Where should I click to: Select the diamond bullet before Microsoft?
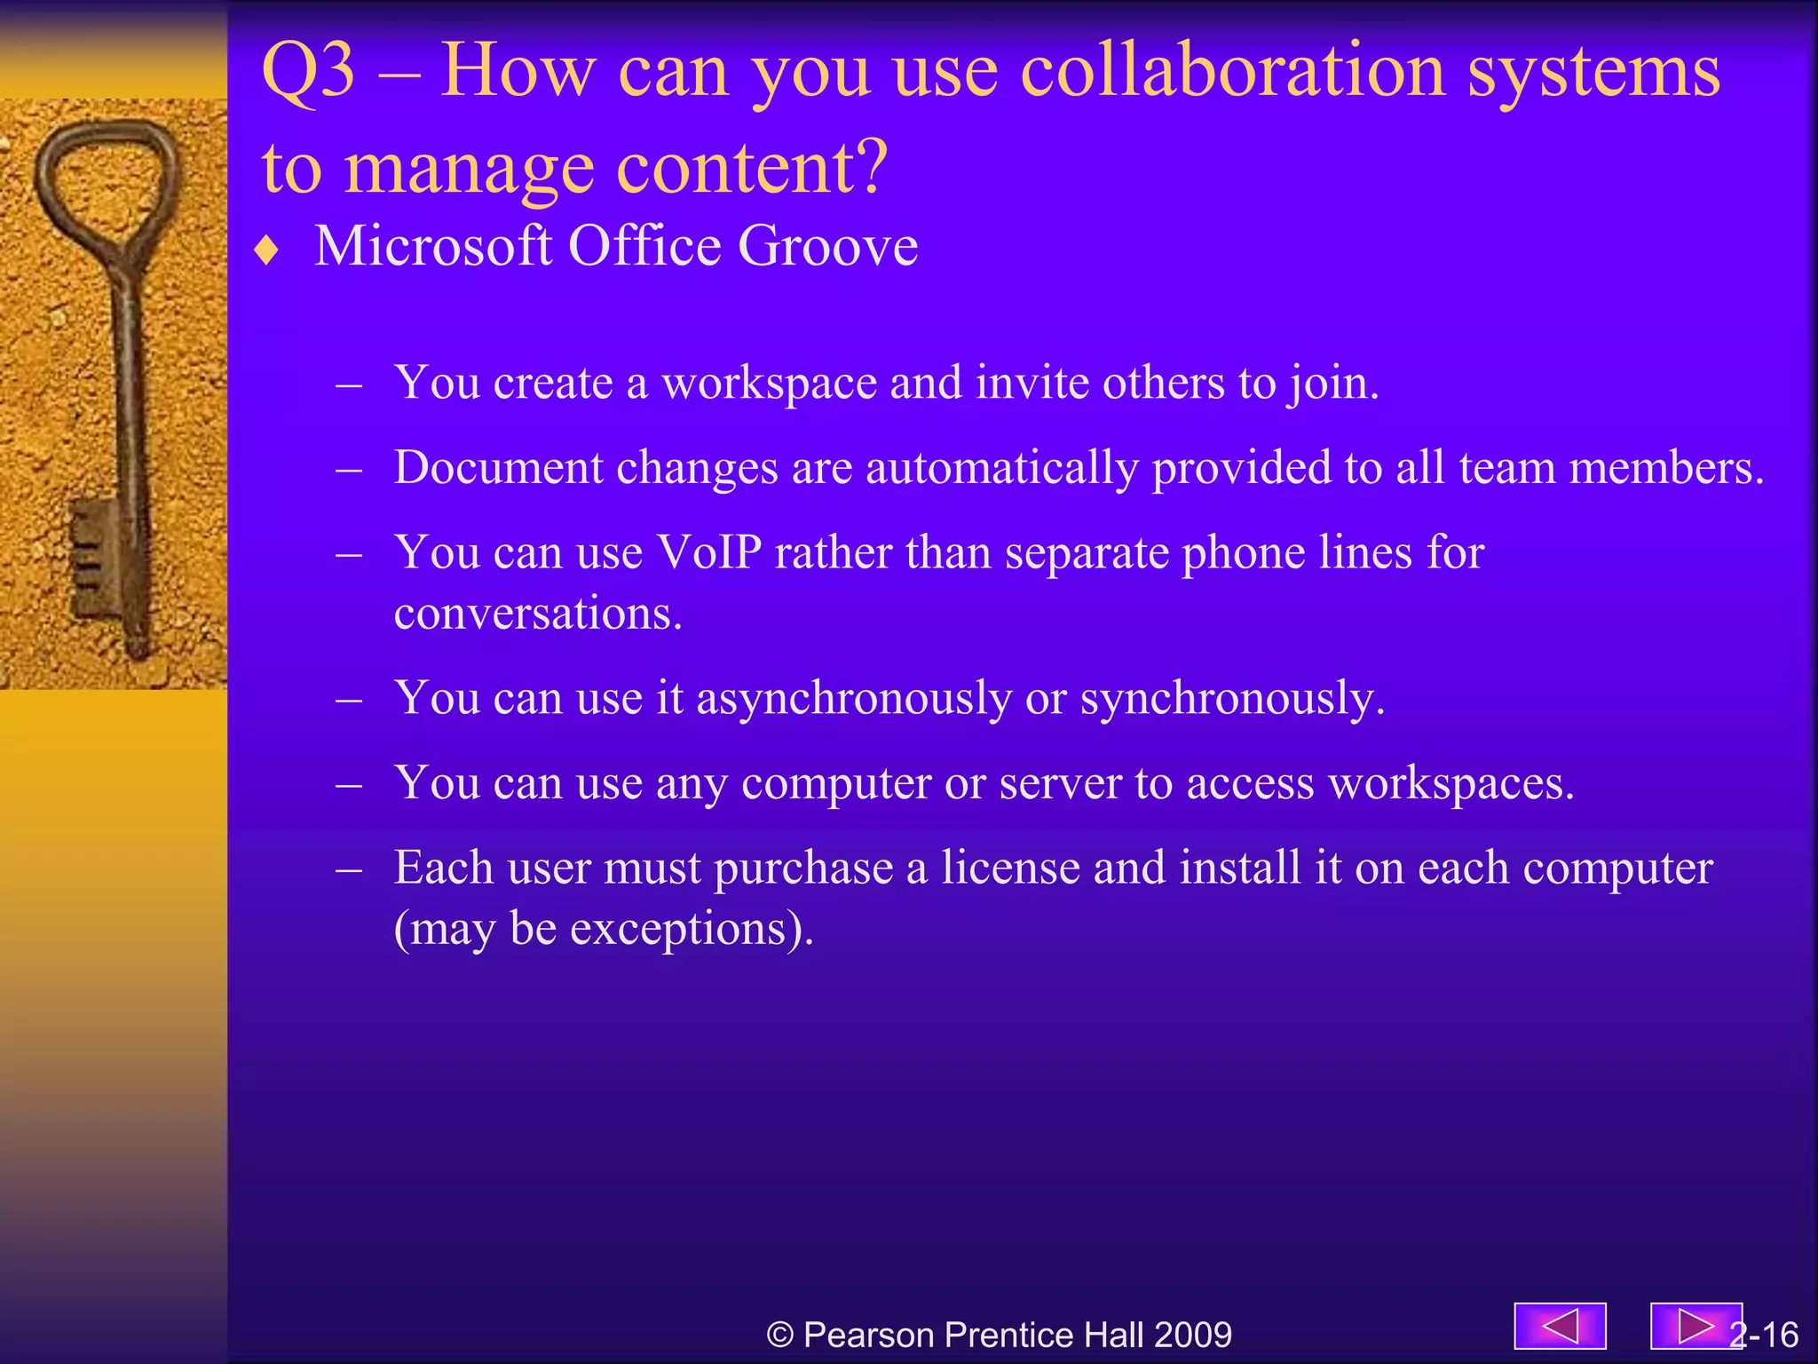click(x=266, y=251)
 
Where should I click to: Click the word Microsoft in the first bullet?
click(x=433, y=246)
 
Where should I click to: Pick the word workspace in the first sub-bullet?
click(x=769, y=385)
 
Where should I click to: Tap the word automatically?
click(x=1001, y=469)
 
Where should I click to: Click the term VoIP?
click(x=708, y=553)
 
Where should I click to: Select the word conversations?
click(x=537, y=615)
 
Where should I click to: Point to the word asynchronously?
click(x=853, y=699)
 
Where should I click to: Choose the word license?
click(x=1009, y=868)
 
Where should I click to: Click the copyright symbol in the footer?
click(x=779, y=1336)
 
